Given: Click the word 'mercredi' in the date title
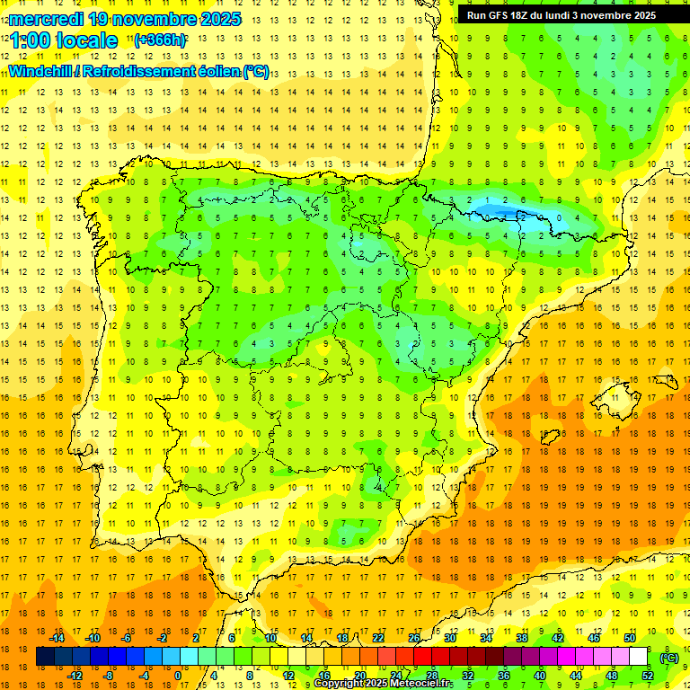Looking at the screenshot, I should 42,19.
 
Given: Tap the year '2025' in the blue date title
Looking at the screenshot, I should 216,19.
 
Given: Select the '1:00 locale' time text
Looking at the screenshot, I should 64,40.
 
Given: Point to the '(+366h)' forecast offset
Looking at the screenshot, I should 161,40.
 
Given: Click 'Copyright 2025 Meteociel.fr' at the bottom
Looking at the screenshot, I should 384,684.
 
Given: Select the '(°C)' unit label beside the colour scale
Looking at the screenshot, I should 669,658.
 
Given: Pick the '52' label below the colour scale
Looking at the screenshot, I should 649,676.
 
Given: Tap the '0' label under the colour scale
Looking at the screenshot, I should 178,676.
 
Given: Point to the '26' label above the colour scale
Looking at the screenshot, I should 414,638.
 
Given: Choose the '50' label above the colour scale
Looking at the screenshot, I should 630,638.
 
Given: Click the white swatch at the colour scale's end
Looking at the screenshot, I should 639,657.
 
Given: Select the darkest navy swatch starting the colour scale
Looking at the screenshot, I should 45,657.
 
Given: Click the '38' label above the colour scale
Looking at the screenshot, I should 522,638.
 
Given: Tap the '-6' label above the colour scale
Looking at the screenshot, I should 128,638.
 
